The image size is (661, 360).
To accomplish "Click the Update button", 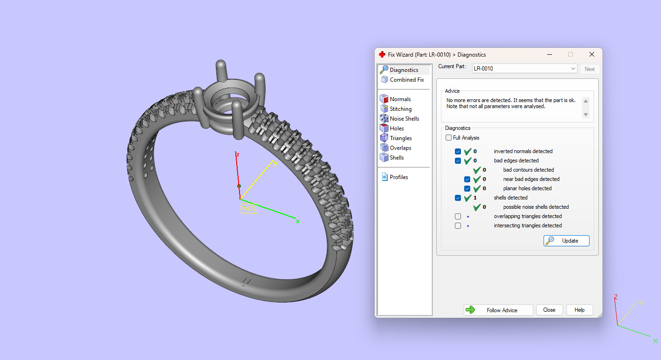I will click(x=566, y=241).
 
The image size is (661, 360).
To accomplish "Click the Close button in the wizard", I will click(x=549, y=310).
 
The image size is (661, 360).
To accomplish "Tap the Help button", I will click(x=579, y=310).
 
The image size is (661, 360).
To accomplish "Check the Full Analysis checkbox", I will click(x=448, y=138).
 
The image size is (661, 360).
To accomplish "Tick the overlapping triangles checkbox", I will click(x=458, y=216).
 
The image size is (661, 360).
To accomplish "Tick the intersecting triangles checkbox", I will click(x=458, y=225).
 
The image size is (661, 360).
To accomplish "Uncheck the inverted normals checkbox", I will click(x=458, y=151).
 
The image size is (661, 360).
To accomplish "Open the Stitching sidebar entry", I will click(x=400, y=109).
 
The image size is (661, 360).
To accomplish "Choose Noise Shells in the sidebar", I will click(x=404, y=119).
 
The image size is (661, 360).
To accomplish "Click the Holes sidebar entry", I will click(x=396, y=129).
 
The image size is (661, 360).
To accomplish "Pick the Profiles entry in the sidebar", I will click(x=398, y=177).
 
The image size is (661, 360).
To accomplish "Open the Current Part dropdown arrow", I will click(x=573, y=69).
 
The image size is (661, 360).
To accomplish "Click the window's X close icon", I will click(x=592, y=54).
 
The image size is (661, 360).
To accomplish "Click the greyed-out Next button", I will click(x=590, y=69).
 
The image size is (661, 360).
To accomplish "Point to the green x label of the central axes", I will click(x=298, y=221).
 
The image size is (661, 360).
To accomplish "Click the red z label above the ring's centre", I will click(x=237, y=154).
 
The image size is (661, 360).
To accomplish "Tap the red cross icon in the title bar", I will click(x=382, y=54).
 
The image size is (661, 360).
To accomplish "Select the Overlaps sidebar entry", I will click(x=400, y=148).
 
